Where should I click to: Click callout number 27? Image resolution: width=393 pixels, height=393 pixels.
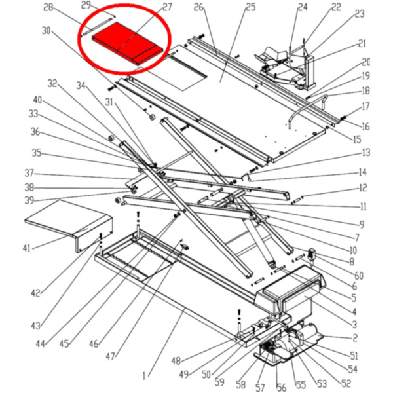coord(167,8)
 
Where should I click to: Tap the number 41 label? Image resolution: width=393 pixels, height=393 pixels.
coord(27,248)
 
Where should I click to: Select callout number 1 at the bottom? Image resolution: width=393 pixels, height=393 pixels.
coord(145,376)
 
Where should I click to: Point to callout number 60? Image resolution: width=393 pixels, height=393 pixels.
coord(359,276)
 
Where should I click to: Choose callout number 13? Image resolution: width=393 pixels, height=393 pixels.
coord(365,153)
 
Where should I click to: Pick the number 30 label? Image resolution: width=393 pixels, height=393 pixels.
coord(46,31)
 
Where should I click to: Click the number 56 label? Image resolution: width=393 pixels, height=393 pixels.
coord(282,388)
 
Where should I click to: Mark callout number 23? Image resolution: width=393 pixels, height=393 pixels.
coord(359,14)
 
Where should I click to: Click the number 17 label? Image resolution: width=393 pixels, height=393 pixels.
coord(365,106)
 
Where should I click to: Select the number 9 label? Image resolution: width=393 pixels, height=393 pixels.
coord(362,225)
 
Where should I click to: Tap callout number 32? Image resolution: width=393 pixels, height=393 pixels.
coord(53,83)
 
